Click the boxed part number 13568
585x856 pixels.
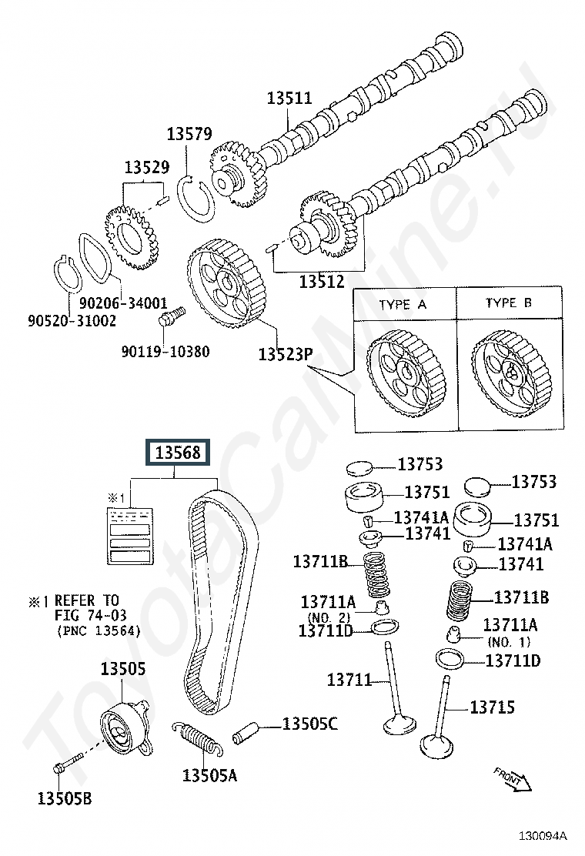coord(179,453)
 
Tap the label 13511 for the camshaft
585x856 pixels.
coord(289,99)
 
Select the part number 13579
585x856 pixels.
coord(189,135)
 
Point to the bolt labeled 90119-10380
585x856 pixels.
coord(171,316)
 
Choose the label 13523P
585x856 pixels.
coord(285,354)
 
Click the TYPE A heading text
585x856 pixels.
coord(403,305)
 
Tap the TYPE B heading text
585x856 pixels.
coord(508,303)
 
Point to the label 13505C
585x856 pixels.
coord(309,724)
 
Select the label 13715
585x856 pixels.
coord(492,707)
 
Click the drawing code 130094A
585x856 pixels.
coord(542,835)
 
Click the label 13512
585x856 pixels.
coord(322,282)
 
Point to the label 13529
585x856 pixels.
coord(147,167)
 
